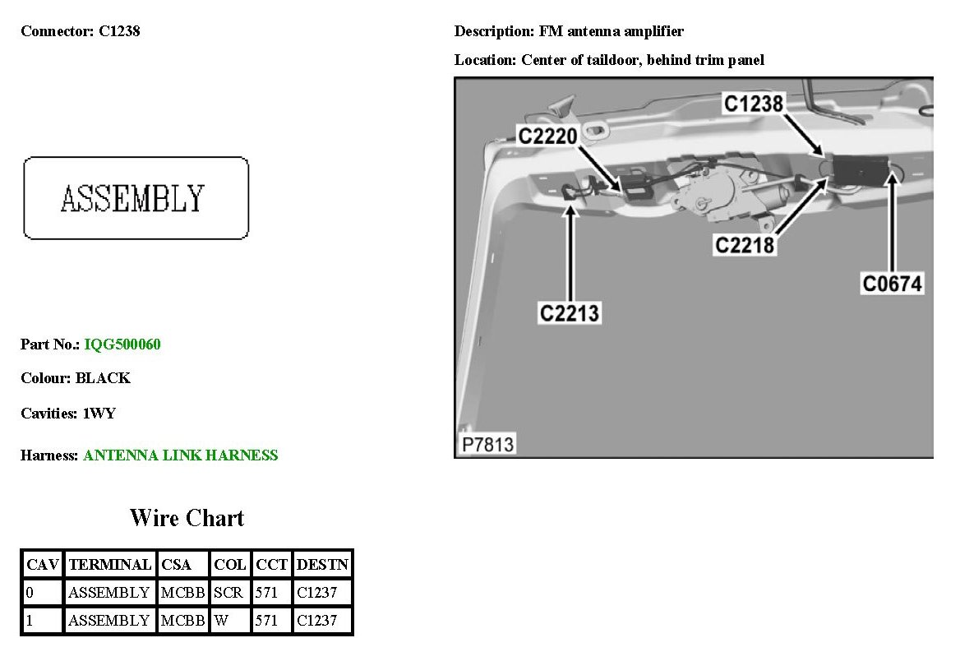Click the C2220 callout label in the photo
547,136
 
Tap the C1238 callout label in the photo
753,103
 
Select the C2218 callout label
745,245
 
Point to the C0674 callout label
893,284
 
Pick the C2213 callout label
570,313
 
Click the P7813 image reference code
487,445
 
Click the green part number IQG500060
122,344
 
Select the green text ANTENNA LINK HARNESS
181,455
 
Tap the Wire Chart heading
187,518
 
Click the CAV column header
42,565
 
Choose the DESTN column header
322,565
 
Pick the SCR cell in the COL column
228,592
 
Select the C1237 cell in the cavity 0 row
316,592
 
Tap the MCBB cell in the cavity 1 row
182,620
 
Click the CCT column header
271,565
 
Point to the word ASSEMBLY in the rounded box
132,198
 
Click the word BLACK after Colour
103,378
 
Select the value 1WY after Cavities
99,414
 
